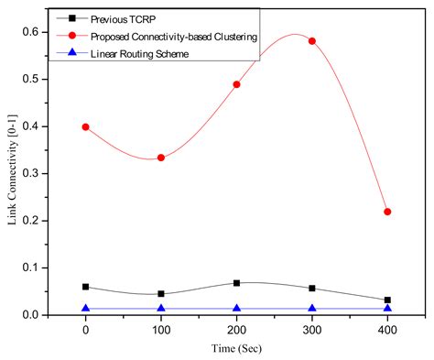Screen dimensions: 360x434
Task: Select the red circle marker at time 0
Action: coord(85,127)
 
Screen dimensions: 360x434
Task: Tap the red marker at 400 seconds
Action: coord(387,212)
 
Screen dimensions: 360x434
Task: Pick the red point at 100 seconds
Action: coord(161,158)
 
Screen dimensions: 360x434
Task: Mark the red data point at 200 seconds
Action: coord(236,84)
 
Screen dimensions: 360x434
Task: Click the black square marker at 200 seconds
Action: coord(236,283)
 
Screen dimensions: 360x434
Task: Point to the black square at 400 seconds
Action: coord(387,300)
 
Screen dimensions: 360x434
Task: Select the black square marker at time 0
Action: coord(85,287)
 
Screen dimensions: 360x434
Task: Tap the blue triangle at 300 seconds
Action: coord(312,309)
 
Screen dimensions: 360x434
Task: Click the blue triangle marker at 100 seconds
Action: coord(161,309)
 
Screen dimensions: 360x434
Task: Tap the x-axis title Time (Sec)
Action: coord(236,350)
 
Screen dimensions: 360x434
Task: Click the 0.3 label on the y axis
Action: coord(36,173)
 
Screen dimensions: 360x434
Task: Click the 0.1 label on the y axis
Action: coord(36,267)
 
